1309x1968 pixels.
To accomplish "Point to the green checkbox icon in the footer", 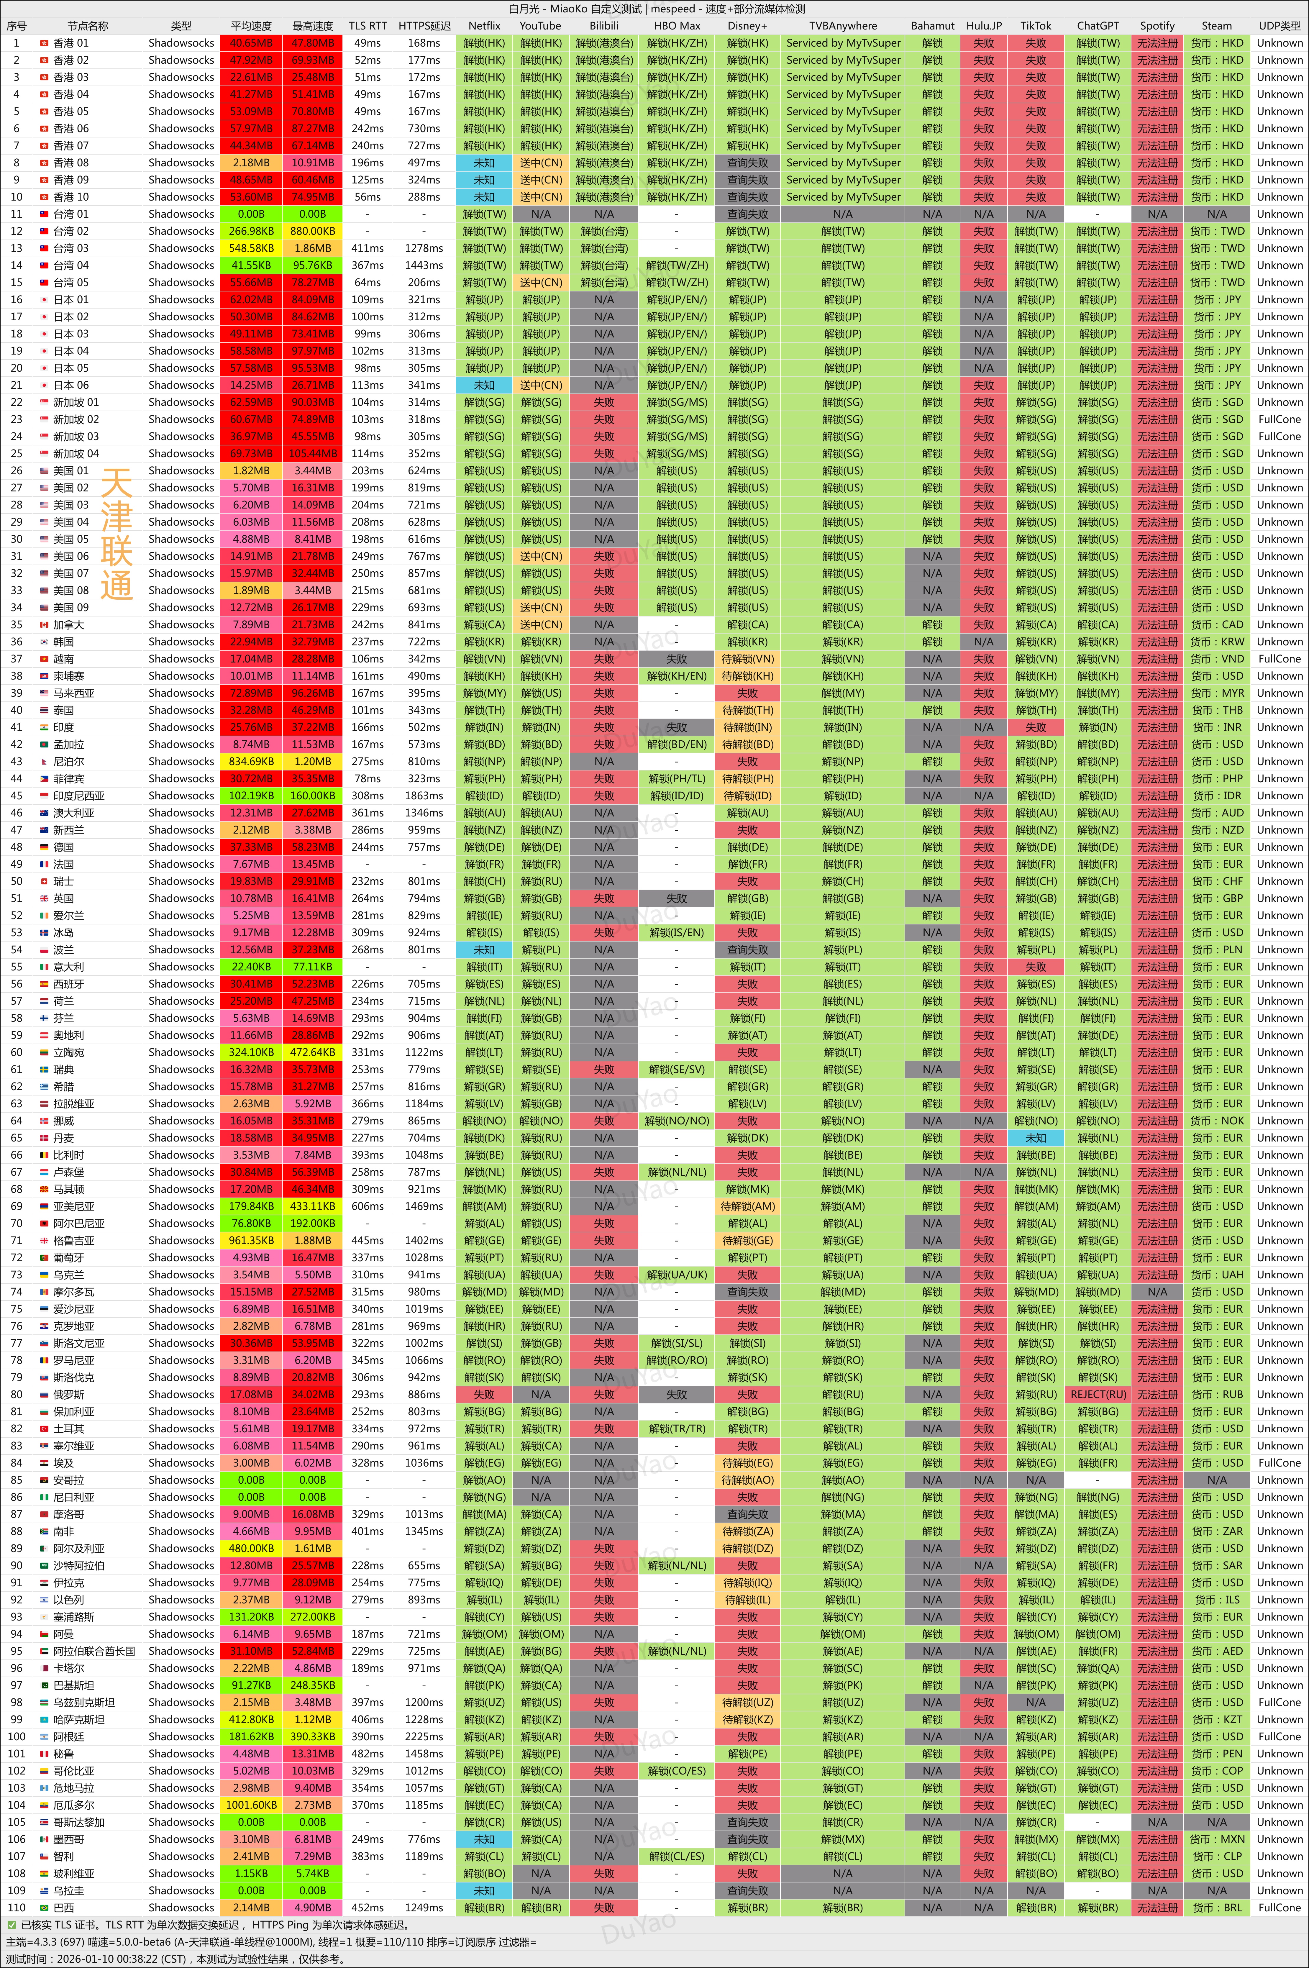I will pos(12,1925).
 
